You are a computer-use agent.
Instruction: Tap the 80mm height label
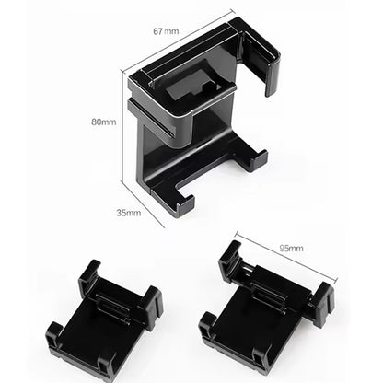point(103,122)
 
